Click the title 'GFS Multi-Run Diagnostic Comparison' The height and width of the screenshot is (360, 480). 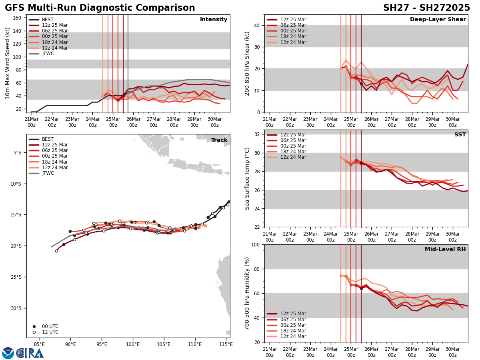pos(100,8)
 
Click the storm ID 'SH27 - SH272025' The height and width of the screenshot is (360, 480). pos(426,8)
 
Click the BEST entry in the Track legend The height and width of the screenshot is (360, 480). pos(48,139)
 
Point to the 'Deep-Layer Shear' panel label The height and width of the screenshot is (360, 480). pos(438,20)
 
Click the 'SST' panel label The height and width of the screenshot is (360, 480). pos(460,135)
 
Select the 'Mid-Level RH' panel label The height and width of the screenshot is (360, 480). pos(445,250)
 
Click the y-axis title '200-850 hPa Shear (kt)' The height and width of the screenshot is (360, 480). pos(247,63)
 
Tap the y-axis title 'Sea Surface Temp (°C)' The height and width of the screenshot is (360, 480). pos(247,178)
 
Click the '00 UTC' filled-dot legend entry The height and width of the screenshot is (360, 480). pos(50,326)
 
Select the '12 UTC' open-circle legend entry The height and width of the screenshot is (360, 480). pos(50,332)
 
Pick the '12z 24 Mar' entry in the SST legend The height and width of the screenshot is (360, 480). pos(293,157)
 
